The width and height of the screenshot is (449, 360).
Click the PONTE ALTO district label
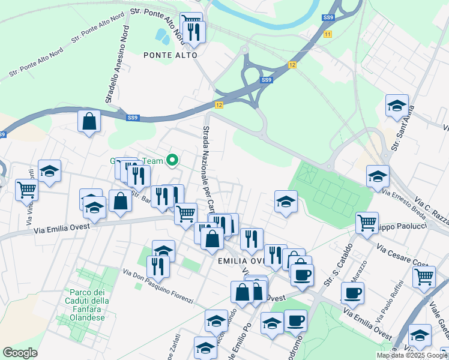coord(170,55)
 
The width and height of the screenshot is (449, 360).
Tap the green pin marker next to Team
coord(173,160)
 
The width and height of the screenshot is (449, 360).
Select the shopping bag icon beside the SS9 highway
coord(89,122)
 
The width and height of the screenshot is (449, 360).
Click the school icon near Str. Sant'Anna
coord(397,106)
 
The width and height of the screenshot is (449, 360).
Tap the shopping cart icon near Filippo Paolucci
coord(367,223)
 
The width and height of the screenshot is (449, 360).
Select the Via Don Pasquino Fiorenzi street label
coord(158,286)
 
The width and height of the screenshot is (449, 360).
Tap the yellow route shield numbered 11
coord(327,35)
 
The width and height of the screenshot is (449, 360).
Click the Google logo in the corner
coord(20,353)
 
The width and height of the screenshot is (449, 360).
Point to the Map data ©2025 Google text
coord(412,355)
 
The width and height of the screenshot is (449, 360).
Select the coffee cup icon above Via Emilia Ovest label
coord(352,293)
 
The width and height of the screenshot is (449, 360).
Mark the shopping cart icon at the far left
coord(27,190)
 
